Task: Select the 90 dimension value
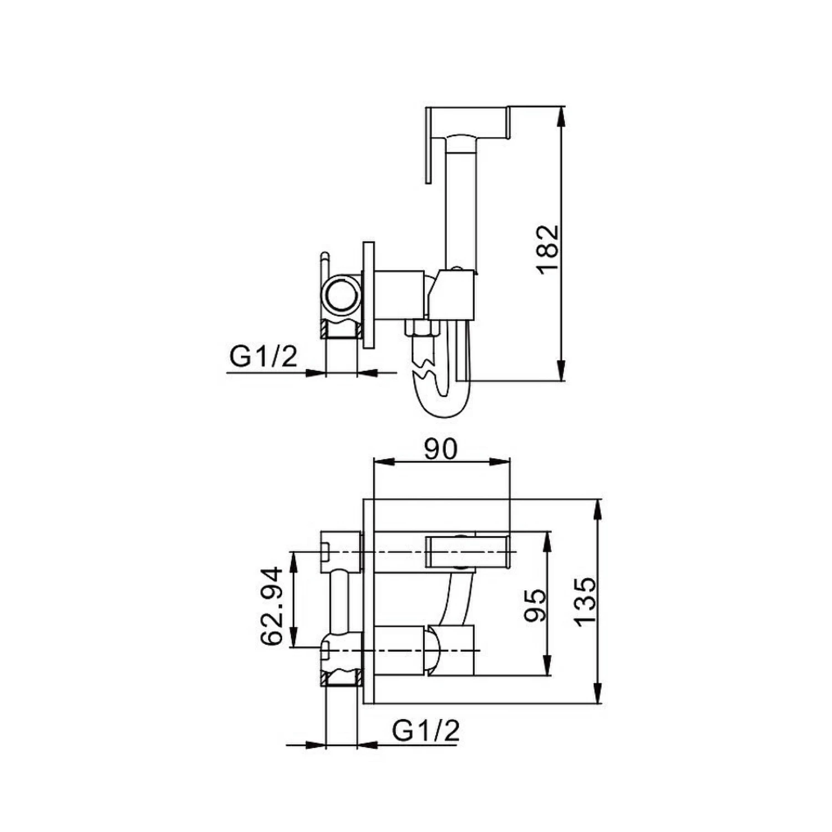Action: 442,449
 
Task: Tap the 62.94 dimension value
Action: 272,606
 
